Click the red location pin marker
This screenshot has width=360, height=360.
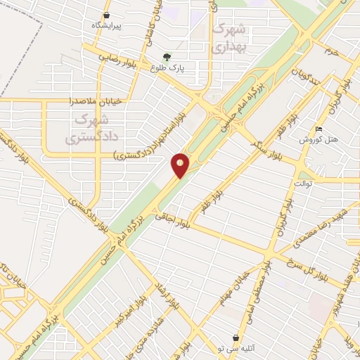[x=180, y=165]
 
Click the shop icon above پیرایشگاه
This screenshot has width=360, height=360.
[x=106, y=15]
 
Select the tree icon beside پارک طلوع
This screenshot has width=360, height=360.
[x=166, y=58]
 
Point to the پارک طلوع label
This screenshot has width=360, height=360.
[x=165, y=68]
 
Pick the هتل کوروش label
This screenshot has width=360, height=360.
[x=320, y=139]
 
